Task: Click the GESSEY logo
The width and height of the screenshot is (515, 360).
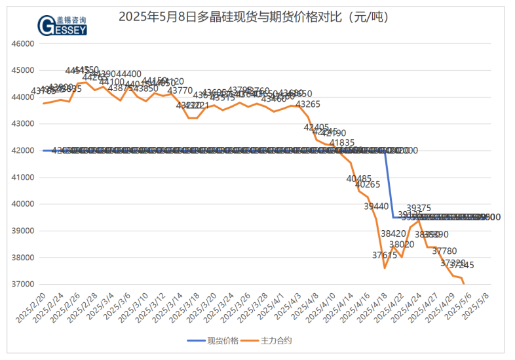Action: click(x=62, y=25)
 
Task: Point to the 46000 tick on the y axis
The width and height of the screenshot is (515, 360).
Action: click(x=22, y=43)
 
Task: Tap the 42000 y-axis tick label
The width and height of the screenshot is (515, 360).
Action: click(x=22, y=151)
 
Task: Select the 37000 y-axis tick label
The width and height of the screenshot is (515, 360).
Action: click(x=22, y=285)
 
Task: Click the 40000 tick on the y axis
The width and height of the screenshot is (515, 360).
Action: click(x=22, y=204)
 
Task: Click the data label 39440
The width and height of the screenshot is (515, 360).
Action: click(x=376, y=206)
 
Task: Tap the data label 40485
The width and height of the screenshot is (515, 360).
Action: click(x=359, y=178)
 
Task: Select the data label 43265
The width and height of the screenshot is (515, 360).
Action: click(x=308, y=104)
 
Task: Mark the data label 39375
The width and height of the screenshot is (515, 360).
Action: click(x=419, y=208)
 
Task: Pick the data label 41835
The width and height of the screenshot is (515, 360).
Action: click(x=342, y=142)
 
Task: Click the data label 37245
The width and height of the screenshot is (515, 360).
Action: click(x=461, y=266)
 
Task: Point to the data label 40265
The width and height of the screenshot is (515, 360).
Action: click(x=368, y=185)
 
